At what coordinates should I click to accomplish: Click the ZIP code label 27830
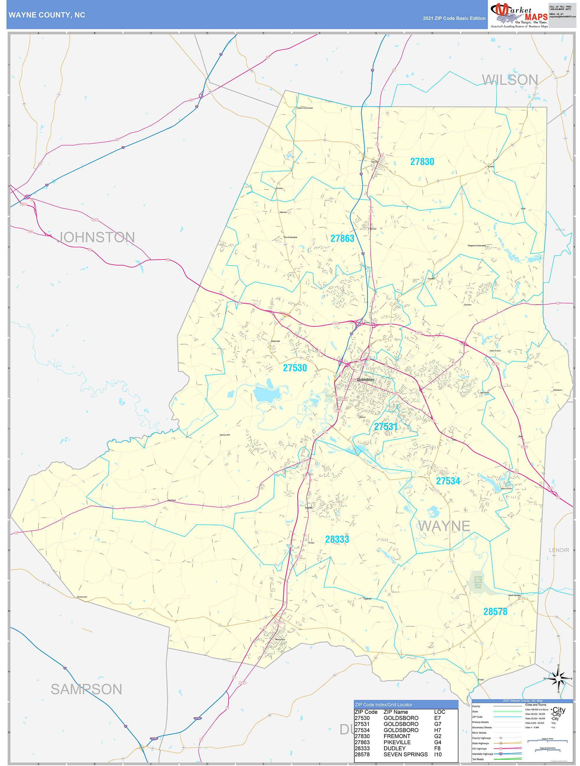pyautogui.click(x=422, y=162)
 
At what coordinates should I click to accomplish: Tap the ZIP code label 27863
pyautogui.click(x=342, y=239)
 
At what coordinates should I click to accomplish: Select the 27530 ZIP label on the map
pyautogui.click(x=295, y=368)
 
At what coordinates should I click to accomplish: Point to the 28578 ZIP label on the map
pyautogui.click(x=495, y=612)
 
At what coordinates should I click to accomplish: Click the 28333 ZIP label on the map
pyautogui.click(x=337, y=539)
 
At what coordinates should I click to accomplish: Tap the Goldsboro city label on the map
pyautogui.click(x=366, y=380)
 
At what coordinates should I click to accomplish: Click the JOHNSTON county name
pyautogui.click(x=95, y=237)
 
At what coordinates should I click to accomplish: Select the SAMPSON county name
pyautogui.click(x=86, y=689)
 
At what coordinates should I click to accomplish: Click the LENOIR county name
pyautogui.click(x=559, y=550)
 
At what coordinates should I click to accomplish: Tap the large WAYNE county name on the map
pyautogui.click(x=444, y=526)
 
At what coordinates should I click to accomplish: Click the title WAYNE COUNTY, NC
pyautogui.click(x=47, y=15)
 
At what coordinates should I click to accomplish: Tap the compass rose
pyautogui.click(x=558, y=679)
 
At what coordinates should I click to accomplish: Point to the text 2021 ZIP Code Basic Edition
pyautogui.click(x=454, y=18)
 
